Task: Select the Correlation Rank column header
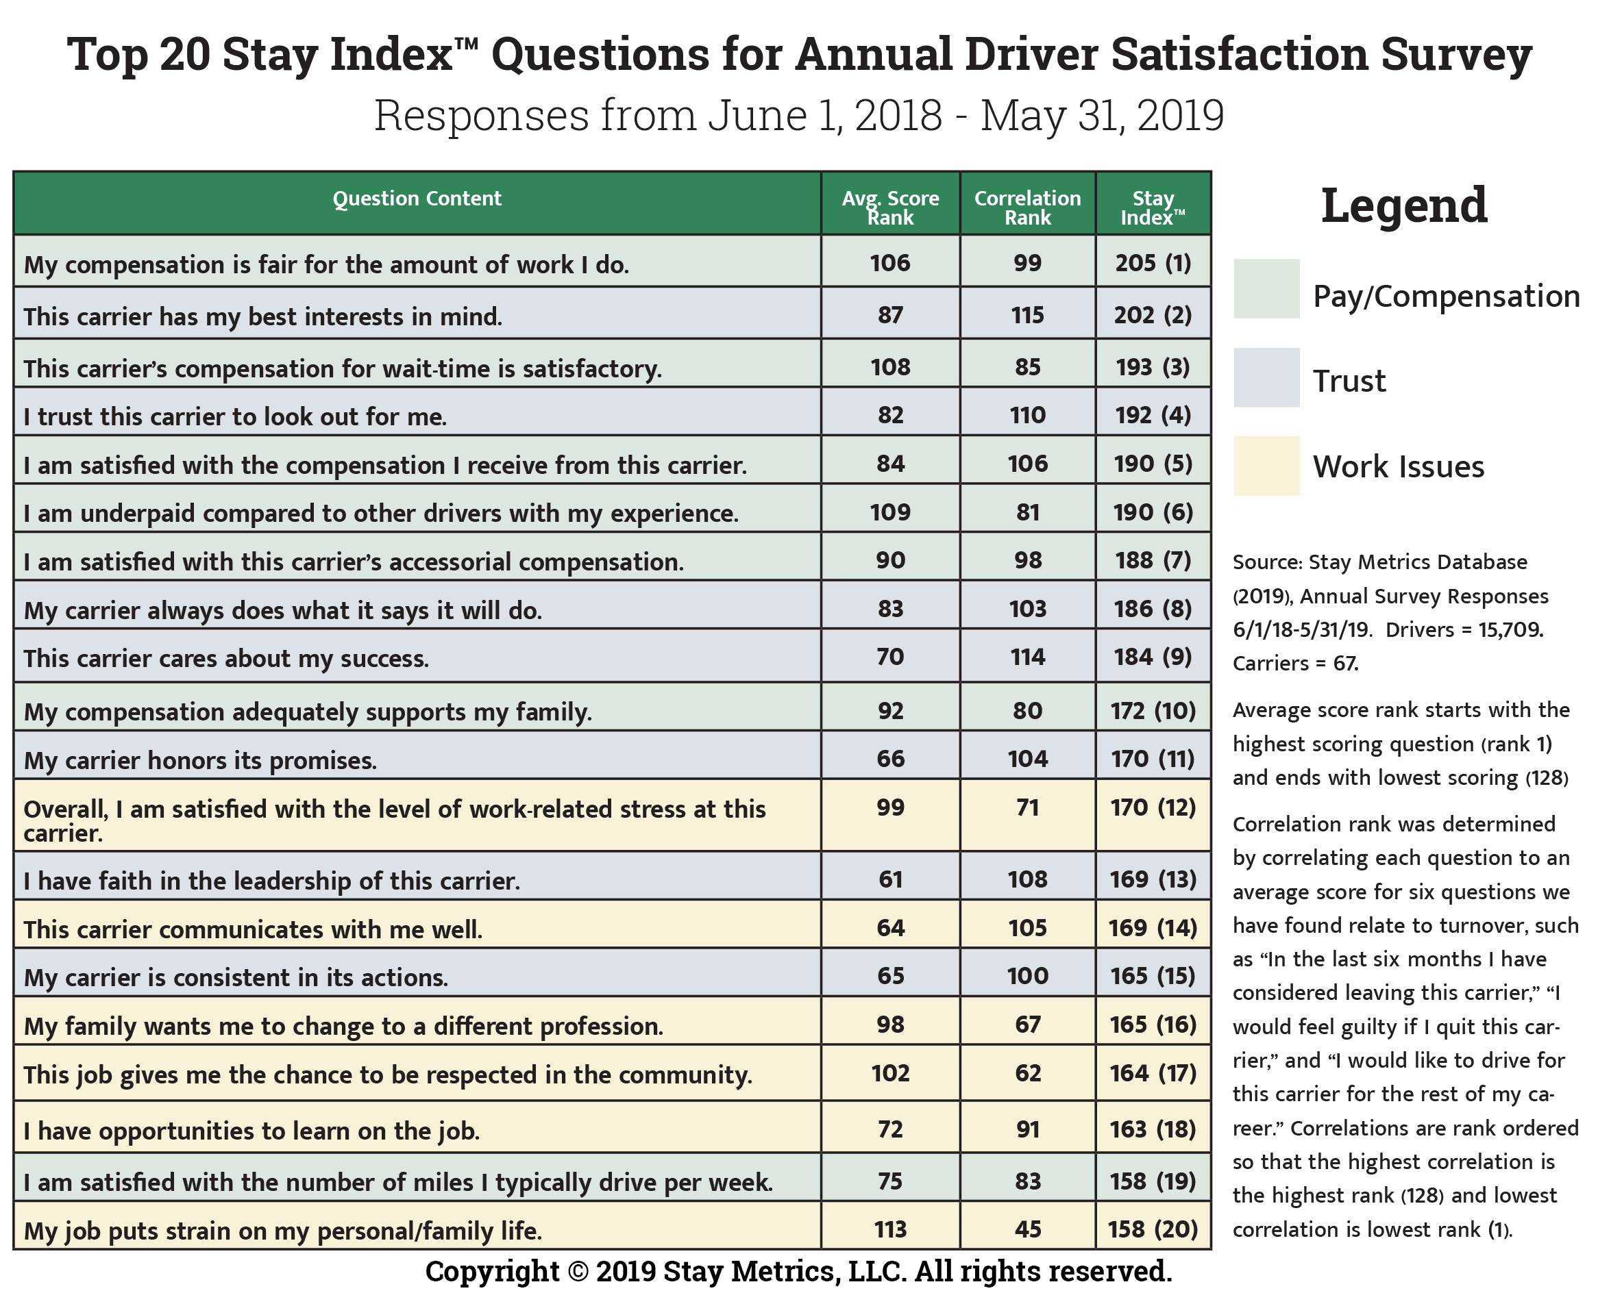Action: tap(1027, 208)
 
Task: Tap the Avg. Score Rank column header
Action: tap(889, 208)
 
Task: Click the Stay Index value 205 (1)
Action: tap(1153, 262)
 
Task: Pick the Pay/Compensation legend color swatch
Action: tap(1266, 289)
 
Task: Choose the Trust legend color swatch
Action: tap(1266, 377)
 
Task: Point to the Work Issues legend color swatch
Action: tap(1266, 466)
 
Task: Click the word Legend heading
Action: tap(1404, 205)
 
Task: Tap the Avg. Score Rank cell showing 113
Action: tap(889, 1229)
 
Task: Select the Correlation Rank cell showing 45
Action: tap(1027, 1229)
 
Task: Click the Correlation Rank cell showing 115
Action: tap(1027, 314)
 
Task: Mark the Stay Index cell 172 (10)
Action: tap(1153, 710)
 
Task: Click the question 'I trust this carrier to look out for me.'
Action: tap(235, 416)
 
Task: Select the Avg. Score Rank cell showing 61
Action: tap(889, 879)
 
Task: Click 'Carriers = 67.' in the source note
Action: tap(1294, 663)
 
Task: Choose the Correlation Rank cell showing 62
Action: tap(1027, 1072)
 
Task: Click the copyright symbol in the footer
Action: tap(578, 1271)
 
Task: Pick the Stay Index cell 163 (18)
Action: tap(1153, 1129)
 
